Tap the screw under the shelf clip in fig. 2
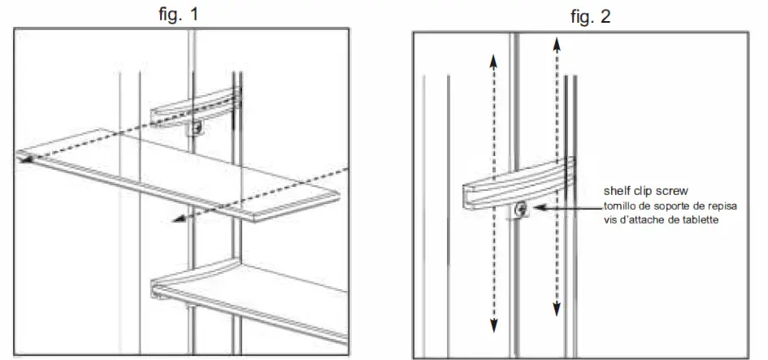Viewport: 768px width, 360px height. (520, 210)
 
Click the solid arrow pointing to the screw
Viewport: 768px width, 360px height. (561, 209)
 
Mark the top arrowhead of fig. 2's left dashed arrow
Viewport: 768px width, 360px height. (492, 59)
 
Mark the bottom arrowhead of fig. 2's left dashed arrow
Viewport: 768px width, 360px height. (492, 326)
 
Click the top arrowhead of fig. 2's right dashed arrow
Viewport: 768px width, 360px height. (556, 42)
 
